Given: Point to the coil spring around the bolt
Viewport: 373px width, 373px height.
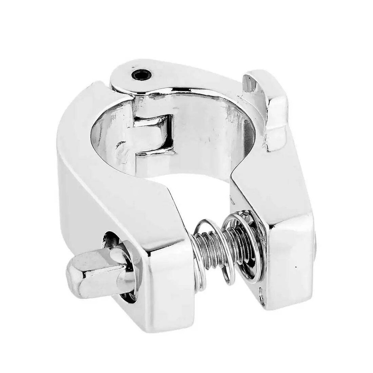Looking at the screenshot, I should coord(209,246).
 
